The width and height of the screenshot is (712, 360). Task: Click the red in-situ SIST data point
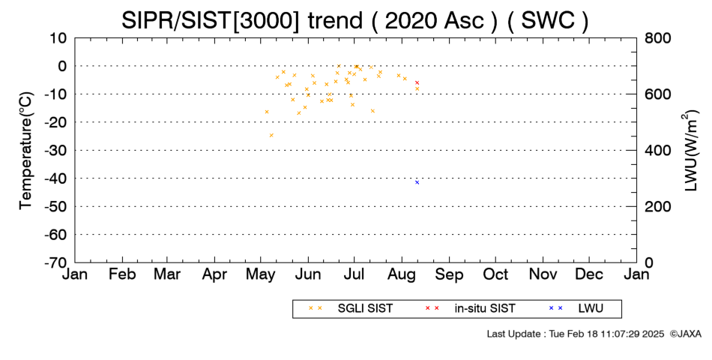coord(417,82)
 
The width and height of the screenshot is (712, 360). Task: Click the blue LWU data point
coord(417,182)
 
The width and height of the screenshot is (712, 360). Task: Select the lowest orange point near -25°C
coord(271,135)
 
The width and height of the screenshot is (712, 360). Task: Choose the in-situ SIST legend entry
coord(470,308)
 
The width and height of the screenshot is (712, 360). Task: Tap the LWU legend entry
coord(576,308)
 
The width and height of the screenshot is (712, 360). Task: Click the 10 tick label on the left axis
coord(58,37)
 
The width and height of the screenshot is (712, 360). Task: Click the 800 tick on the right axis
coord(657,37)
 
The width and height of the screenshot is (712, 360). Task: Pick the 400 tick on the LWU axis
coord(657,150)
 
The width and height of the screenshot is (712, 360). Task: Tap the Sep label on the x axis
coord(449,274)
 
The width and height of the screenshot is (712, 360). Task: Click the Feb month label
coord(122,274)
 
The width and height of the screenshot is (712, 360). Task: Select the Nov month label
coord(543,274)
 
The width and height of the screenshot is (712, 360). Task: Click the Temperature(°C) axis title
coord(26,151)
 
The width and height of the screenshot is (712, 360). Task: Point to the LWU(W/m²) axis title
coord(690,151)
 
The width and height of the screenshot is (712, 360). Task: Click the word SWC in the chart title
coord(548,20)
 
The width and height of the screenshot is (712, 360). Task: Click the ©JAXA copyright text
coord(685,334)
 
